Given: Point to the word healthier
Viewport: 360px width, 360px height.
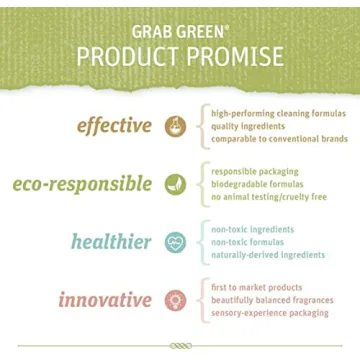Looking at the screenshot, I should coord(111,242).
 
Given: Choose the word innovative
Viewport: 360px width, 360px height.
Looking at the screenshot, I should coord(104,300).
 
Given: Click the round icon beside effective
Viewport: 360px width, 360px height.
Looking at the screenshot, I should coord(175,127).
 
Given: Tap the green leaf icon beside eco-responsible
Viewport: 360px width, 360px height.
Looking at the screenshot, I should coord(175,185).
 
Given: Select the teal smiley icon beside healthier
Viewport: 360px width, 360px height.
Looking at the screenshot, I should coord(175,242).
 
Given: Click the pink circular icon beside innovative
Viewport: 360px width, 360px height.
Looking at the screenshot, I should coord(175,300).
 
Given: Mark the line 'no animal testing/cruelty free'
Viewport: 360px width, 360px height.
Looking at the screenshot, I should coord(268,197).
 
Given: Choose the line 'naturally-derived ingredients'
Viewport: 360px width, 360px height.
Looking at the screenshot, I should coord(268,255).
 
